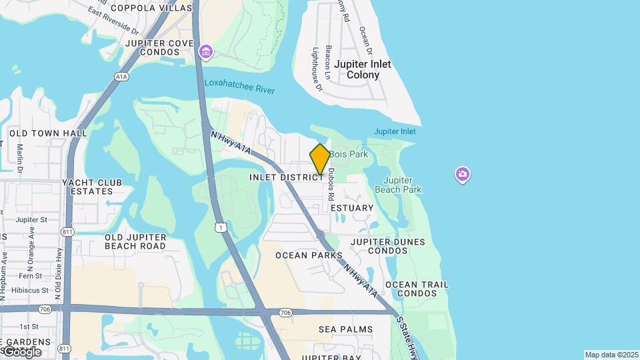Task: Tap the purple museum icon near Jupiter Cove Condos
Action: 205,51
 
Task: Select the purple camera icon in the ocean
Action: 463,175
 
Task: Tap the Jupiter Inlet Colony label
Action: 363,69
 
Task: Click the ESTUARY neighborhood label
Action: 352,208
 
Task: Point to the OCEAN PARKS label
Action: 309,255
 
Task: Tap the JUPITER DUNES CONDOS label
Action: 379,246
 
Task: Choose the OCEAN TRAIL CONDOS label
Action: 416,289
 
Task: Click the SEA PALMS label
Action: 345,329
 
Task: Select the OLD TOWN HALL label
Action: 48,133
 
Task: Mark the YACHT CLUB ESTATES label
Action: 92,187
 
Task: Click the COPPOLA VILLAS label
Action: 146,8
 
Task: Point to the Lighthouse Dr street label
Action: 317,69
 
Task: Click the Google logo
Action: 21,351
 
